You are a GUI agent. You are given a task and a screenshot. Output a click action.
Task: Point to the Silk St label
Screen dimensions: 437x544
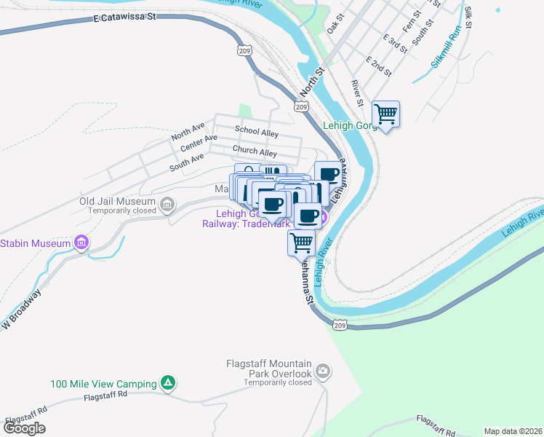pos(468,17)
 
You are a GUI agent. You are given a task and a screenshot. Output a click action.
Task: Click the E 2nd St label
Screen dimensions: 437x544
pos(379,66)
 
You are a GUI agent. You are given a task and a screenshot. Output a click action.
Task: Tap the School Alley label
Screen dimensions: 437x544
pos(256,132)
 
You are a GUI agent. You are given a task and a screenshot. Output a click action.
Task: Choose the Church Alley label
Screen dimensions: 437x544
pos(255,151)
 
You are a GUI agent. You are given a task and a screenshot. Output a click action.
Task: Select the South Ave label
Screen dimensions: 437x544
pos(187,162)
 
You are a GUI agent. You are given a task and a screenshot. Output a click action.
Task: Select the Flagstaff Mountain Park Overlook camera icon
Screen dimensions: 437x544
pos(323,373)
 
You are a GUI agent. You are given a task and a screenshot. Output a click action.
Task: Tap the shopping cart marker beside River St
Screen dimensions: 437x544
pos(385,114)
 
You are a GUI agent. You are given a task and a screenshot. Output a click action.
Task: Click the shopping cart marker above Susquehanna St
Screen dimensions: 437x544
pos(301,243)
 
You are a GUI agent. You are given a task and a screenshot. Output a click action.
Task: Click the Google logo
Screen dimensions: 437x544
pos(24,428)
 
